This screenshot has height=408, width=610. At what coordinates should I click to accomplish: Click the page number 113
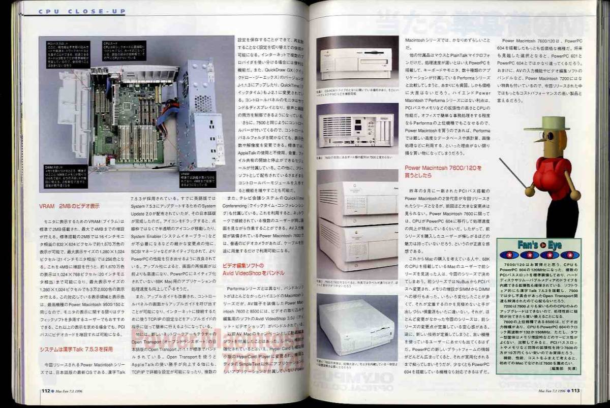point(574,390)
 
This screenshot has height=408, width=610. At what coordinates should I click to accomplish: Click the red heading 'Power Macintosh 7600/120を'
point(442,168)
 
